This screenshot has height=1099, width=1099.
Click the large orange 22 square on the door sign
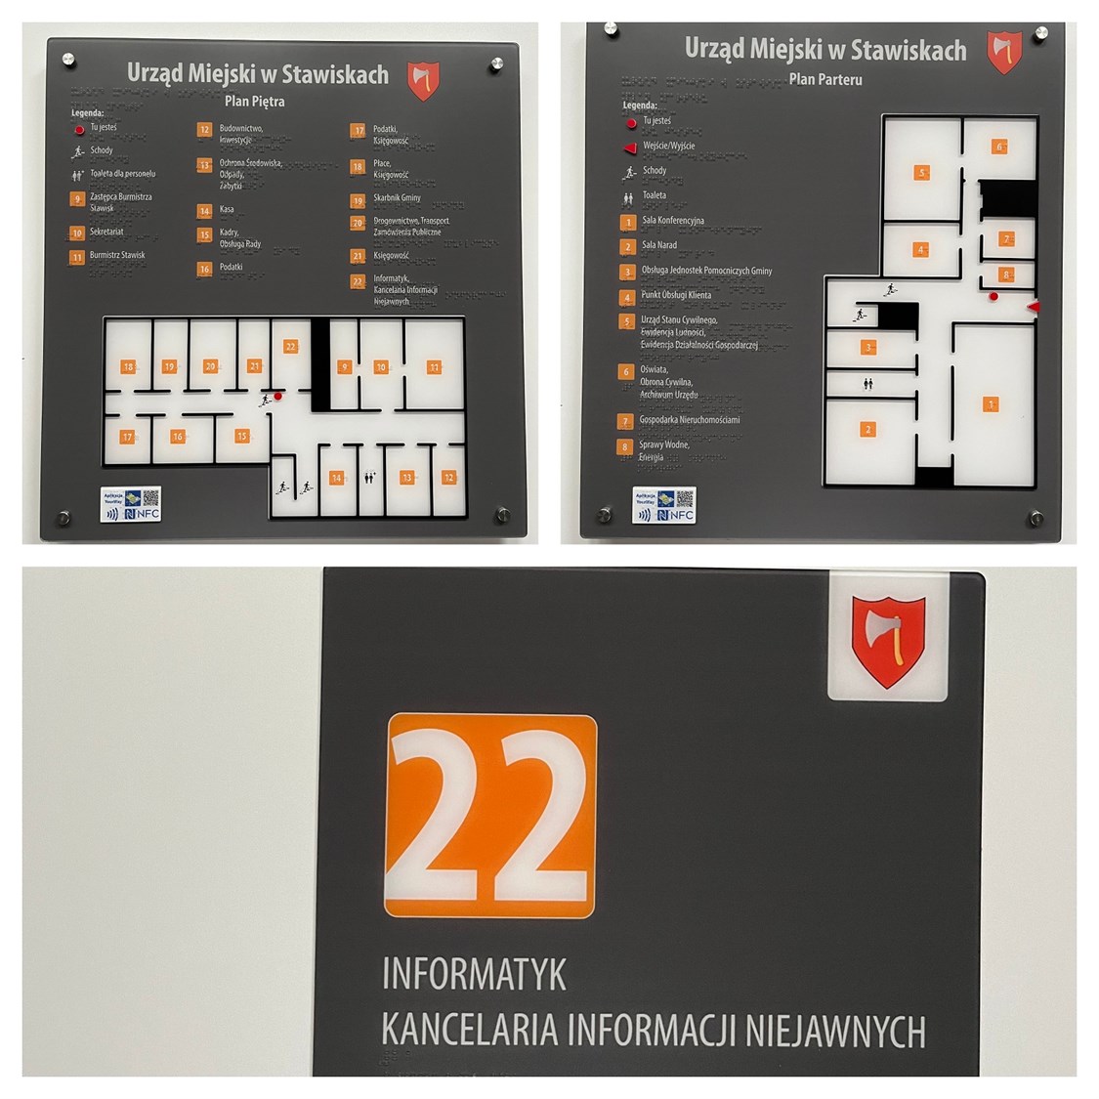tap(490, 816)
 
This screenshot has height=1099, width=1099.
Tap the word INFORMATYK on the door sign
tap(474, 974)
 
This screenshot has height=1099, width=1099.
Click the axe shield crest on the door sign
tap(888, 641)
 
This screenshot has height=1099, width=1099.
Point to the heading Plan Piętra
tap(255, 101)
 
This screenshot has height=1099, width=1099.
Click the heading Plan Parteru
tap(825, 80)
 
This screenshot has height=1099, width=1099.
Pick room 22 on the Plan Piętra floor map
tap(290, 347)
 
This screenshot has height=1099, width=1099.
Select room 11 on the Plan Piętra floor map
tap(434, 367)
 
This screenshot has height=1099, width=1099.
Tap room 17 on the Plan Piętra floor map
tap(127, 437)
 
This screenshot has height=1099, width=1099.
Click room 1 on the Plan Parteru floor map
tap(991, 404)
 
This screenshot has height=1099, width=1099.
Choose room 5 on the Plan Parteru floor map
tap(921, 173)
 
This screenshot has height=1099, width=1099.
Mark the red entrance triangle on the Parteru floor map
tap(1034, 307)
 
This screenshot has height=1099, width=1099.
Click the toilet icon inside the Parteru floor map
tap(868, 384)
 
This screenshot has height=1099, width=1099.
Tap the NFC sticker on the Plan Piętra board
tap(132, 504)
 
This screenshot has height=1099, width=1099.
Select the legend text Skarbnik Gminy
tap(397, 198)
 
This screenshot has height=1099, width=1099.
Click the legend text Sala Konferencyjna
tap(672, 221)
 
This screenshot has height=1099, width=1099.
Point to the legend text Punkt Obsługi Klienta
tap(676, 295)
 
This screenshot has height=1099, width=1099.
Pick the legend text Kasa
tap(227, 209)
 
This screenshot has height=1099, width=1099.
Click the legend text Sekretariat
tap(106, 232)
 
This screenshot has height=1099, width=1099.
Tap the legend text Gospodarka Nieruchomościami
tap(689, 420)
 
